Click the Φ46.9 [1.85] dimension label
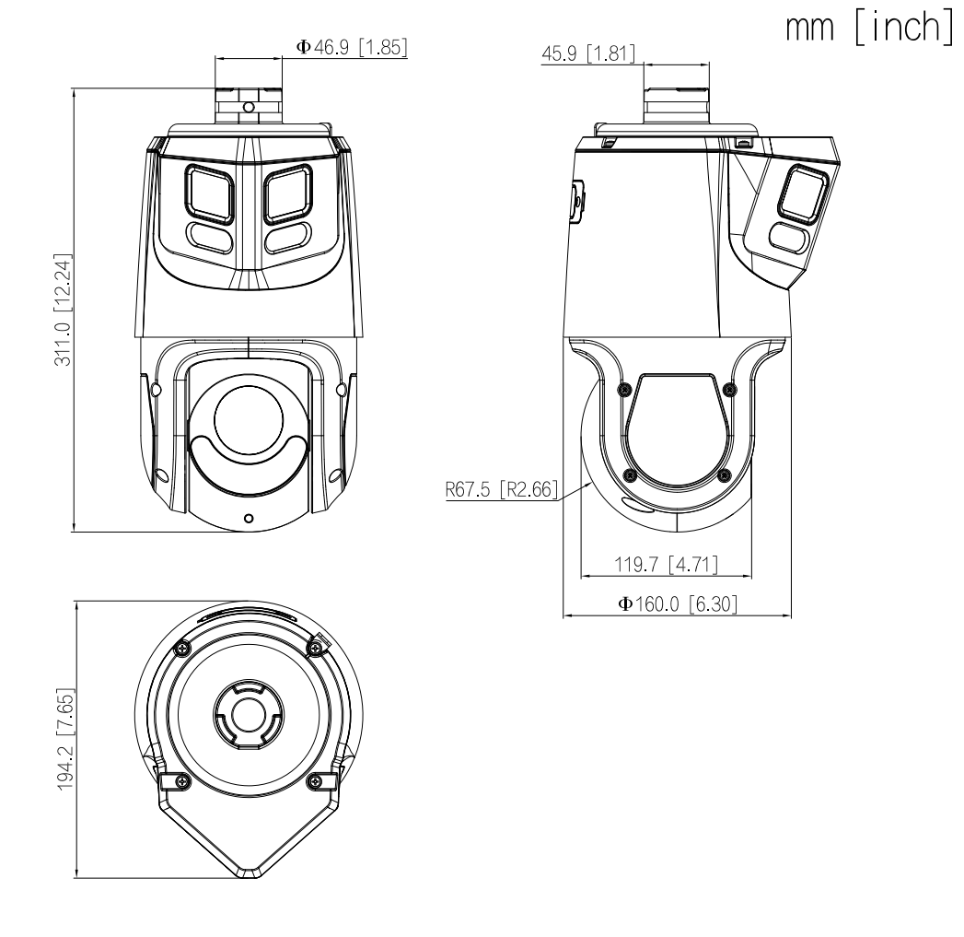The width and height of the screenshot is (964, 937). pos(352,47)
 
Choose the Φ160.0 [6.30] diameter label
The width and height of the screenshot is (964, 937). pos(676,603)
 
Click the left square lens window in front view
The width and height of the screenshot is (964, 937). pos(209,193)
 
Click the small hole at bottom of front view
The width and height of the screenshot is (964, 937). pos(248,519)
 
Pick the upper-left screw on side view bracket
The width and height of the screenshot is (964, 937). pos(625,388)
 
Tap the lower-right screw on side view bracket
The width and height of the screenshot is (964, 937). pos(724,474)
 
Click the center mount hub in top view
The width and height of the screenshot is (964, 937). pos(246,713)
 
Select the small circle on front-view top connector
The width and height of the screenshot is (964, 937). pos(247,107)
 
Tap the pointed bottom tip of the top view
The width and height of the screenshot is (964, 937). pos(246,874)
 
